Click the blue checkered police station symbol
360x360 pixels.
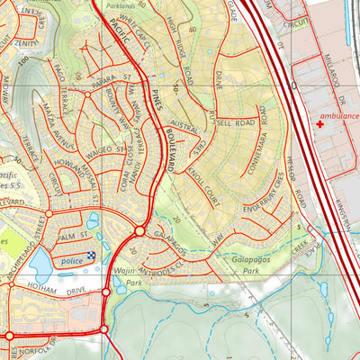click(x=90, y=258)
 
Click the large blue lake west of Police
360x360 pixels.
click(x=40, y=264)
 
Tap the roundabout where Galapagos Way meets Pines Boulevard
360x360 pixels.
click(x=140, y=231)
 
